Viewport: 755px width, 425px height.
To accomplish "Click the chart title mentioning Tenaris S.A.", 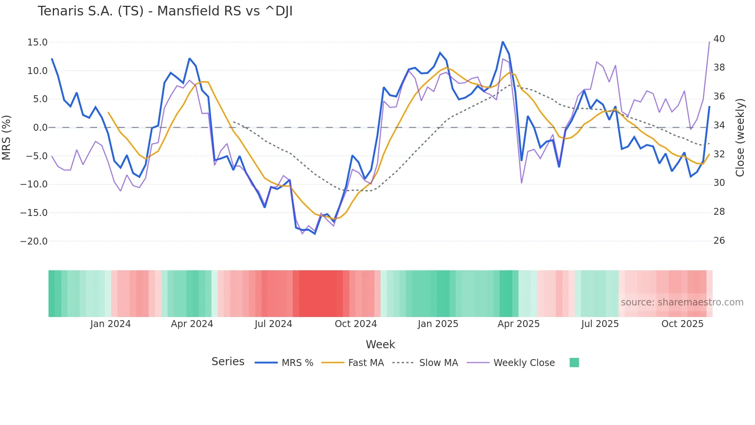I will pyautogui.click(x=165, y=11).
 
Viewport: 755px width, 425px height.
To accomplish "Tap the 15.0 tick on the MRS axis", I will pyautogui.click(x=37, y=42).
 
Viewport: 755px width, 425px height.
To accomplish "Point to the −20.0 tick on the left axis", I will pyautogui.click(x=34, y=241).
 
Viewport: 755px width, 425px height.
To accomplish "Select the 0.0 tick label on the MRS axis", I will pyautogui.click(x=40, y=128).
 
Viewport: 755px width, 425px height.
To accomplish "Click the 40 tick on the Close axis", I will pyautogui.click(x=719, y=39).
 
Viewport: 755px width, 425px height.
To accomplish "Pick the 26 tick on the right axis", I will pyautogui.click(x=719, y=241).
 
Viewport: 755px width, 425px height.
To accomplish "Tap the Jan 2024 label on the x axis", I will pyautogui.click(x=111, y=324).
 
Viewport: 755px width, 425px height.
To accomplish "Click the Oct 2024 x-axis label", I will pyautogui.click(x=356, y=324).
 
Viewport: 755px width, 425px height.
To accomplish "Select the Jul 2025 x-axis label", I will pyautogui.click(x=600, y=324).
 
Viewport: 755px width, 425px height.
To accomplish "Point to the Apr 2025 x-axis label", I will pyautogui.click(x=518, y=324).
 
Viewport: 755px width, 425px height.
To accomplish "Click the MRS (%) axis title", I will pyautogui.click(x=7, y=138).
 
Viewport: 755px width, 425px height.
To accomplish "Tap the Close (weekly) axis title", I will pyautogui.click(x=740, y=138).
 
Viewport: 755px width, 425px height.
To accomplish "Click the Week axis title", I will pyautogui.click(x=380, y=344).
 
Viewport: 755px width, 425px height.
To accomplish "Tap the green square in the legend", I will pyautogui.click(x=574, y=363).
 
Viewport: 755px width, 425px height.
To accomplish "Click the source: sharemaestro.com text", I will pyautogui.click(x=682, y=302).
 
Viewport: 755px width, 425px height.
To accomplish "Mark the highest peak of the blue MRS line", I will pyautogui.click(x=503, y=42).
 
